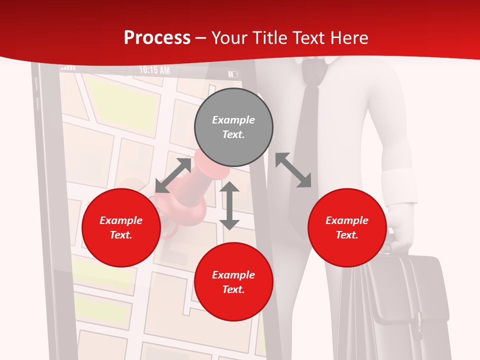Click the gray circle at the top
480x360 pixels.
pos(233,127)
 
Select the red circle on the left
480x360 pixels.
pos(121,227)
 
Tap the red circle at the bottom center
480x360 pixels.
pos(233,282)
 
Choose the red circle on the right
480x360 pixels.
pos(347,227)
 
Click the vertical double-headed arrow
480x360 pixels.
pos(229,205)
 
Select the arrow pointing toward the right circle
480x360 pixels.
pos(293,170)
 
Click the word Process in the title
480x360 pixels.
pos(157,37)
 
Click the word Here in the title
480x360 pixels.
pos(348,37)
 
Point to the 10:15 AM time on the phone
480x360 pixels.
pos(154,70)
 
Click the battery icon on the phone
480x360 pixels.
pos(233,74)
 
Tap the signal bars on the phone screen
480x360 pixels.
pos(68,67)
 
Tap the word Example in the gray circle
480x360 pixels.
pos(233,120)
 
